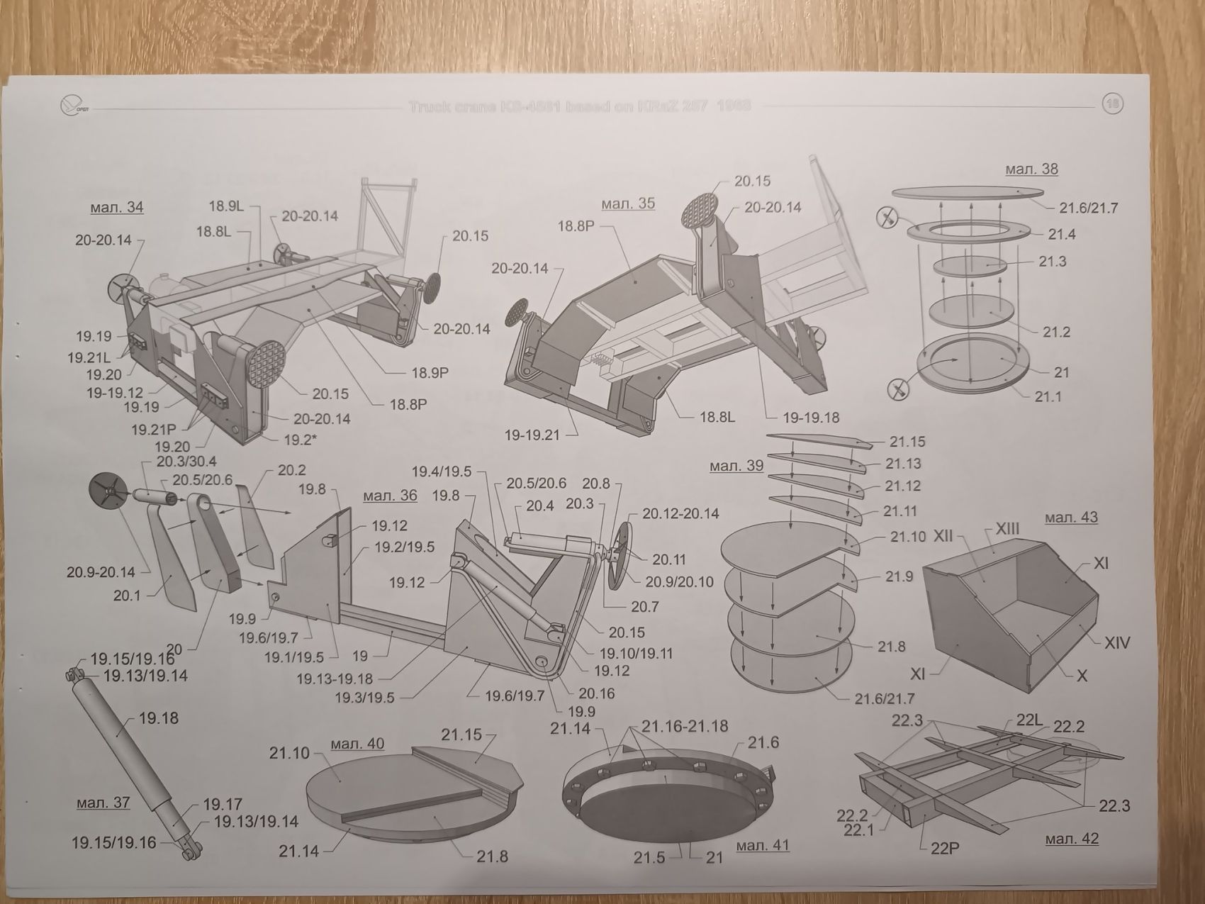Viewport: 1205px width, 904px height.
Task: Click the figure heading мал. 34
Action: pyautogui.click(x=116, y=207)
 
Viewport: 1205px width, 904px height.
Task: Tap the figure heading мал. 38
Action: pyautogui.click(x=1031, y=169)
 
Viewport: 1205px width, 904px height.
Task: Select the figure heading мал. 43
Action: pyautogui.click(x=1071, y=518)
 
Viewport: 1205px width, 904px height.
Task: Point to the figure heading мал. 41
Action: pyautogui.click(x=762, y=845)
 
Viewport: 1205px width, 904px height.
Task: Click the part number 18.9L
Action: pyautogui.click(x=226, y=206)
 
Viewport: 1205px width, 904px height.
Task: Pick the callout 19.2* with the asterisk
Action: pyautogui.click(x=300, y=440)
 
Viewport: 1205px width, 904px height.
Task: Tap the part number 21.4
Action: pyautogui.click(x=1062, y=234)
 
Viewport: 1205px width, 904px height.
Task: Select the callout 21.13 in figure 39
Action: pyautogui.click(x=903, y=464)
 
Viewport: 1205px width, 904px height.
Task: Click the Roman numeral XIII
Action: pyautogui.click(x=1007, y=529)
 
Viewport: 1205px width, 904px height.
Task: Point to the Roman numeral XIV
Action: pyautogui.click(x=1116, y=643)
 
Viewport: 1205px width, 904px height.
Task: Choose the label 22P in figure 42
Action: pyautogui.click(x=944, y=847)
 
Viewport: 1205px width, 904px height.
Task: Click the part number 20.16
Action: pyautogui.click(x=596, y=693)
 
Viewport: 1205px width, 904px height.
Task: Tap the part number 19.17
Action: pyautogui.click(x=223, y=804)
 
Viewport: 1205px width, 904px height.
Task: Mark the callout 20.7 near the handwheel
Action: pyautogui.click(x=644, y=606)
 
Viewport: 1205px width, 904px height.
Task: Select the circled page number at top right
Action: pyautogui.click(x=1112, y=105)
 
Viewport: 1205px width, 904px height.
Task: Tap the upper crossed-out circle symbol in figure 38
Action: pyautogui.click(x=886, y=218)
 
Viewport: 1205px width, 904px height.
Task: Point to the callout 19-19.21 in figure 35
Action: pyautogui.click(x=532, y=435)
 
